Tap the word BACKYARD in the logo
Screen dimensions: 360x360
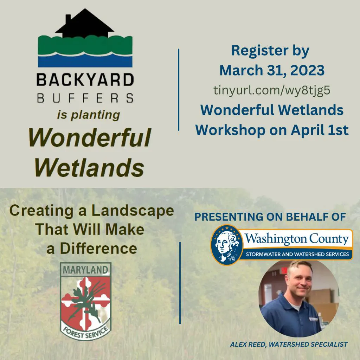tap(85, 80)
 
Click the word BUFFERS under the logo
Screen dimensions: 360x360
tap(85, 98)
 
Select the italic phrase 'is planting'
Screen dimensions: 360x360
tap(88, 115)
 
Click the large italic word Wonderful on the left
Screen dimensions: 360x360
tap(90, 137)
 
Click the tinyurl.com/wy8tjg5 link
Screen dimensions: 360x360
tap(272, 90)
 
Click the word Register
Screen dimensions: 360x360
tap(260, 51)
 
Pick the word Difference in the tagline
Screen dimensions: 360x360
tap(98, 249)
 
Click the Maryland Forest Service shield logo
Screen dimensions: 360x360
tap(86, 301)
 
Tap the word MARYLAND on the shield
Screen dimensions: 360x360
tap(85, 270)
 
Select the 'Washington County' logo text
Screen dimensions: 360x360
tap(297, 239)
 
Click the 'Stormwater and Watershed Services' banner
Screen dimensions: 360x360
tap(297, 254)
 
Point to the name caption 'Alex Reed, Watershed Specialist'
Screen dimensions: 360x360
tap(289, 345)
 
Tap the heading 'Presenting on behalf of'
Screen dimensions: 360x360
tap(270, 217)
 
